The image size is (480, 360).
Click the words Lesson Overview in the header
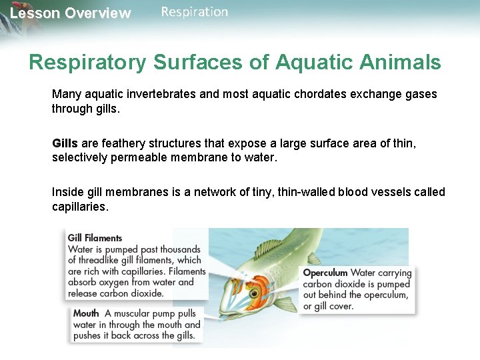tap(70, 13)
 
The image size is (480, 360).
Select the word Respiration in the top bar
tap(194, 12)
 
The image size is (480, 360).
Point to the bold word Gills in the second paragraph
tap(65, 143)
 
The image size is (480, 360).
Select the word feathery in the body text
tap(115, 143)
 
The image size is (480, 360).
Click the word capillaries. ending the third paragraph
tap(79, 207)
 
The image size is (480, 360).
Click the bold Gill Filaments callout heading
tap(95, 238)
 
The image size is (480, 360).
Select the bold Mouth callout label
tap(86, 313)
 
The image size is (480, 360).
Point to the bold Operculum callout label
tap(325, 273)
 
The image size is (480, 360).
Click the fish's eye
tap(254, 293)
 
